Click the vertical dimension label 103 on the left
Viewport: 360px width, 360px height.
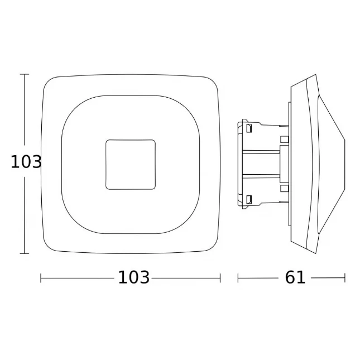coord(26,162)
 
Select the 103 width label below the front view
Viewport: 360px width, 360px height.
coord(133,277)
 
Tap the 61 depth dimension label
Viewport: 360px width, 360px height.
coord(295,277)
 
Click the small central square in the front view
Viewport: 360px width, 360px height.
coord(131,165)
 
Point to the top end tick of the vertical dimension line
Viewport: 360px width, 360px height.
coord(25,74)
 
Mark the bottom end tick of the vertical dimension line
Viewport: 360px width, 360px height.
coord(25,253)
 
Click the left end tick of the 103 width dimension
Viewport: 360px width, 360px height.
coord(41,278)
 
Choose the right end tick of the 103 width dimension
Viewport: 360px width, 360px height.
coord(220,278)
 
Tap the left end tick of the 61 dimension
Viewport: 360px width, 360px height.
coord(238,278)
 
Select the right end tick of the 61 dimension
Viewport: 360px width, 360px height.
coord(345,278)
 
